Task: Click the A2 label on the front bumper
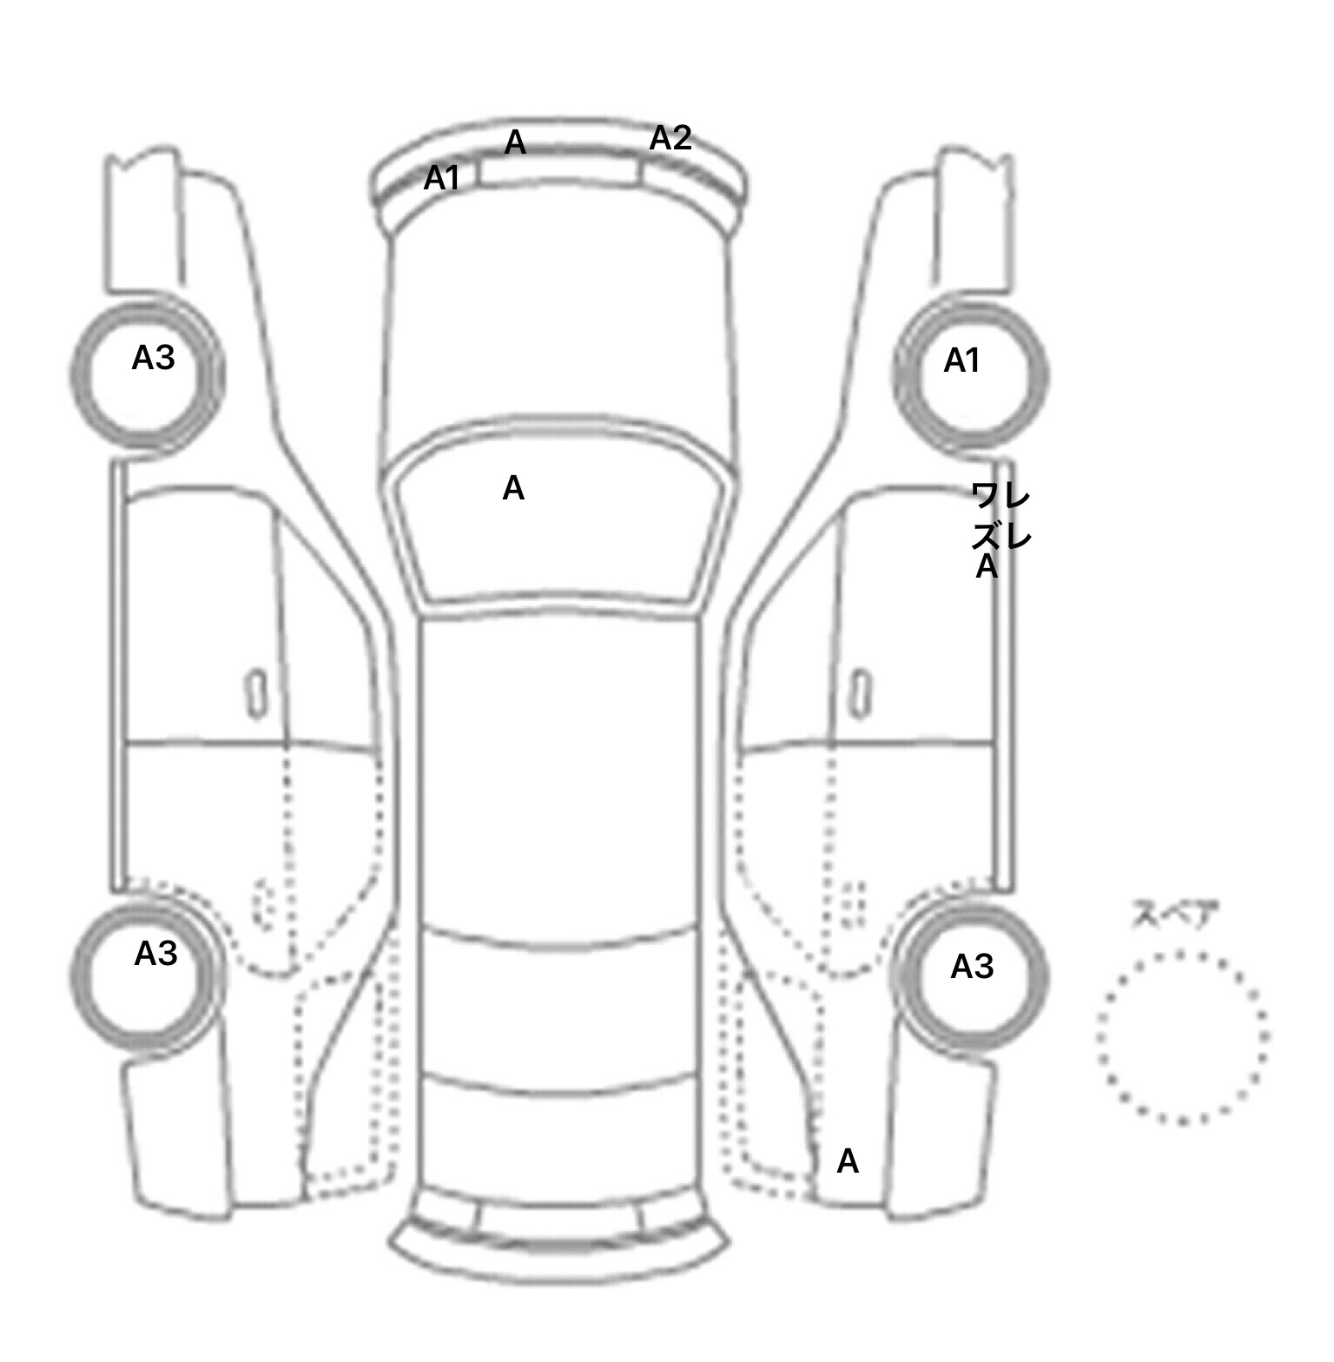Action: pos(670,138)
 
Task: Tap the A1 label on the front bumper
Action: pos(441,178)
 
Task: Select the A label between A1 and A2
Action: pos(515,142)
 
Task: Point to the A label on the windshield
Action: pos(513,488)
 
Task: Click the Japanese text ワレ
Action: pos(1000,497)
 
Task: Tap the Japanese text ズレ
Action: pos(1001,535)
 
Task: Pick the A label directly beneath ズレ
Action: pos(987,566)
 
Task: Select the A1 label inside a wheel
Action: pos(961,360)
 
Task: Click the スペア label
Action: pos(1175,915)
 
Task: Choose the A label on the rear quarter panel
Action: pos(848,1161)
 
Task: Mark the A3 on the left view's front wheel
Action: pos(153,357)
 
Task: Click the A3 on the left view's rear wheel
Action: pos(155,954)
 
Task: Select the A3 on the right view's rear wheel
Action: pos(972,966)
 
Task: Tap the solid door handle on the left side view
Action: pos(256,694)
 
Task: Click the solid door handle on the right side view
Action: pos(860,694)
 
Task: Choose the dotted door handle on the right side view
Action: pos(854,903)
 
